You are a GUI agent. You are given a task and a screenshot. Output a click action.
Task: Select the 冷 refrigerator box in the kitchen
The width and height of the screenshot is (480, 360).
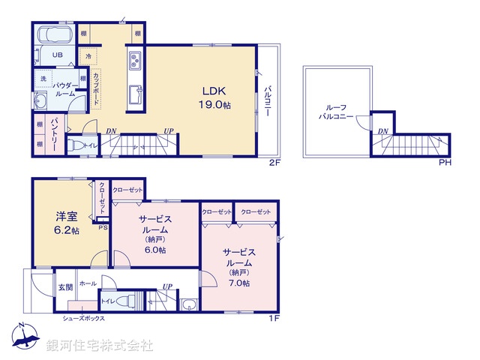click(x=88, y=56)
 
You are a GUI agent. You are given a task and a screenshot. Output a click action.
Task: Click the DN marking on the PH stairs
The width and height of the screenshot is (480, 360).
click(x=382, y=132)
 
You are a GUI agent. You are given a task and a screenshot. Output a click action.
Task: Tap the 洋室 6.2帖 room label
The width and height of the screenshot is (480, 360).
click(x=66, y=223)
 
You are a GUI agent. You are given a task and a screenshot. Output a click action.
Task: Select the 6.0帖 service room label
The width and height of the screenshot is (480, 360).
click(x=156, y=235)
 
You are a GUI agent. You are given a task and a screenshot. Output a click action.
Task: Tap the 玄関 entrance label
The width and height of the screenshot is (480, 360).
click(x=65, y=286)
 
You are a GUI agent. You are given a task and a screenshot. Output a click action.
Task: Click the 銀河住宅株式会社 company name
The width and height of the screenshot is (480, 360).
click(x=100, y=346)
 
